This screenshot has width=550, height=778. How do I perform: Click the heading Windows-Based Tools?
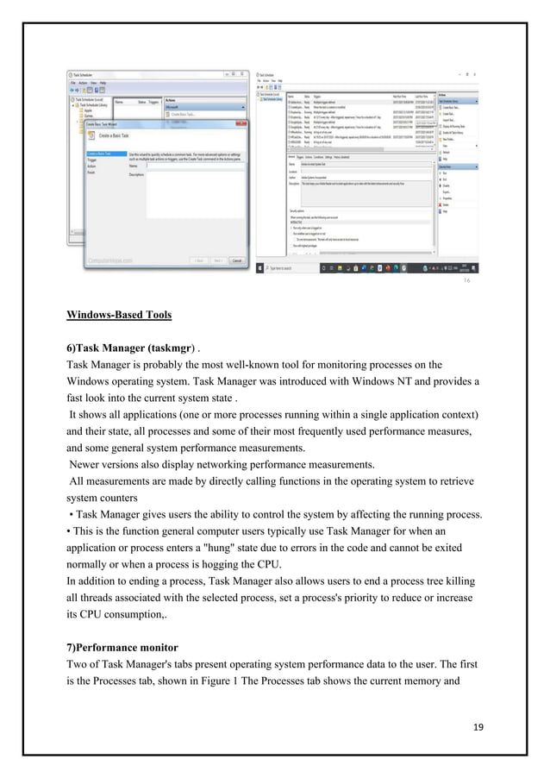[119, 314]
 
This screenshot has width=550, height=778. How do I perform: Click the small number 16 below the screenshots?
[466, 281]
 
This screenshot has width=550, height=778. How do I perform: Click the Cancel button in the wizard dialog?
[236, 260]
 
